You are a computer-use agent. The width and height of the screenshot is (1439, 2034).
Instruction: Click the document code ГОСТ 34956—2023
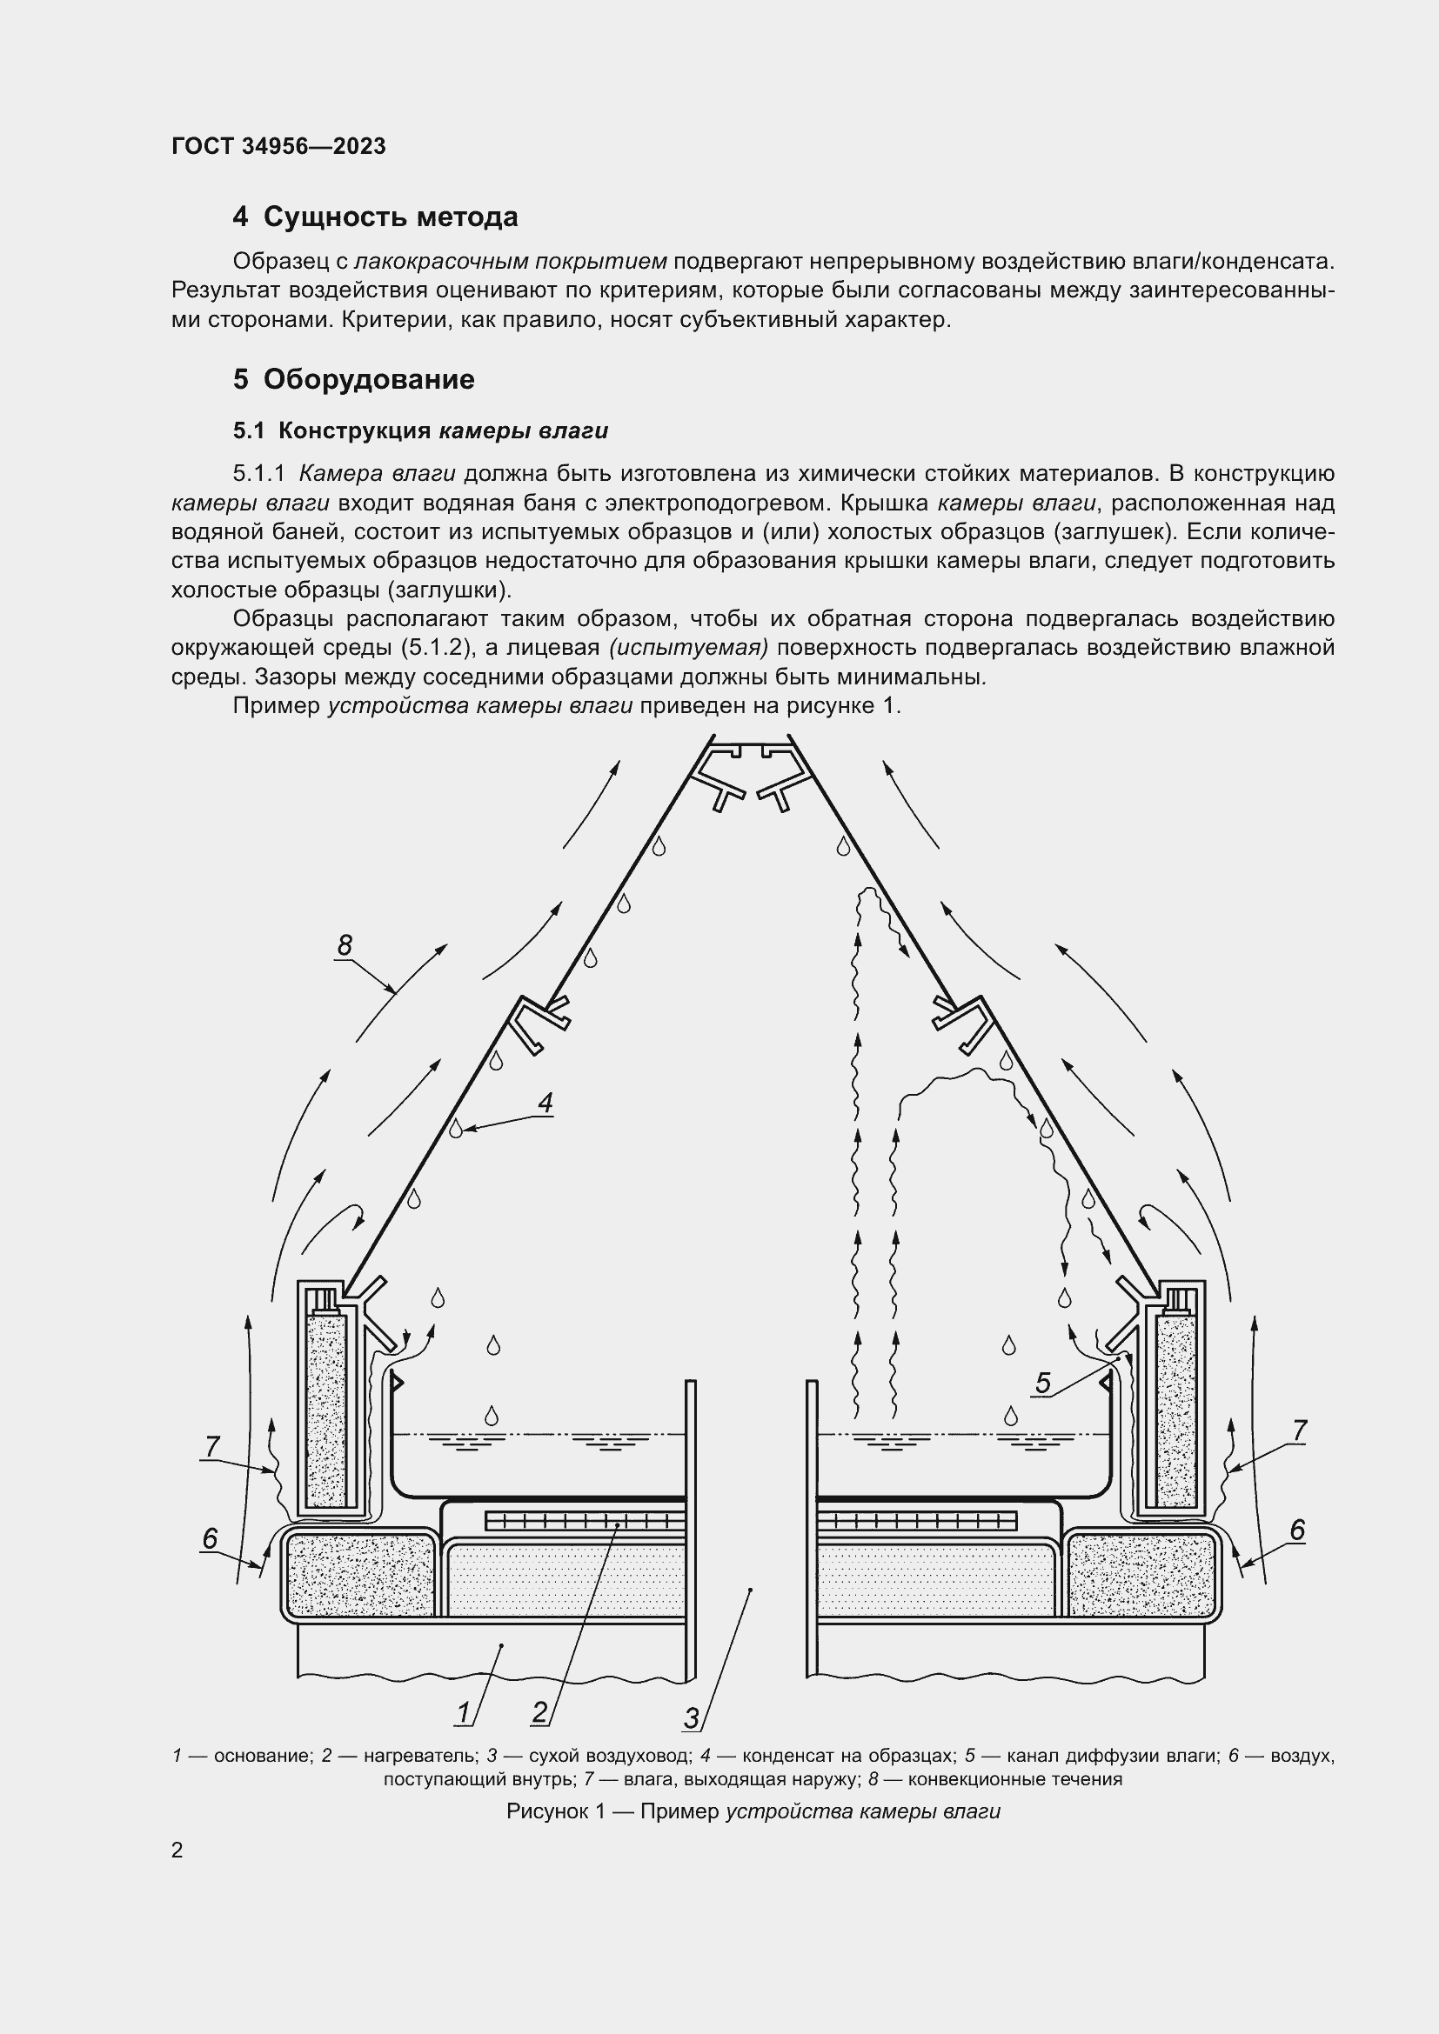coord(278,146)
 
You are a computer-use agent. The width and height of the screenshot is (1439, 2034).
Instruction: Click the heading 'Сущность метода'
coord(390,217)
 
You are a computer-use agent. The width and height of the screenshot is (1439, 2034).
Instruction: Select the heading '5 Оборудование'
coord(353,379)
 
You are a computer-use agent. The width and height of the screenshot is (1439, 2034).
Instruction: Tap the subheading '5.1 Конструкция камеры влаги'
coord(420,431)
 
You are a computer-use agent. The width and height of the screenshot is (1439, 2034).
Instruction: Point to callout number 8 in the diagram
coord(345,945)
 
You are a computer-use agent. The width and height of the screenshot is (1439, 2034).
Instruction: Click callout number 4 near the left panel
coord(545,1103)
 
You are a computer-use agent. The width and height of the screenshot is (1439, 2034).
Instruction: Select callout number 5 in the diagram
coord(1042,1384)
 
